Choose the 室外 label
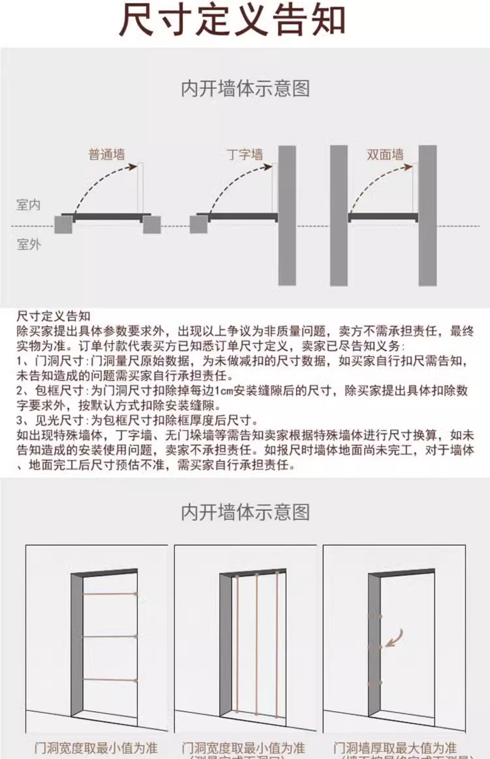29,245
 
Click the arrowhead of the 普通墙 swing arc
134,166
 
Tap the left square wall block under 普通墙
63,225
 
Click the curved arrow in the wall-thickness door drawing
396,638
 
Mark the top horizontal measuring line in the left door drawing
109,594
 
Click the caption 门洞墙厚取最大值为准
395,748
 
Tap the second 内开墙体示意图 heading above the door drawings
245,512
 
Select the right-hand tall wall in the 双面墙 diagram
427,215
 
